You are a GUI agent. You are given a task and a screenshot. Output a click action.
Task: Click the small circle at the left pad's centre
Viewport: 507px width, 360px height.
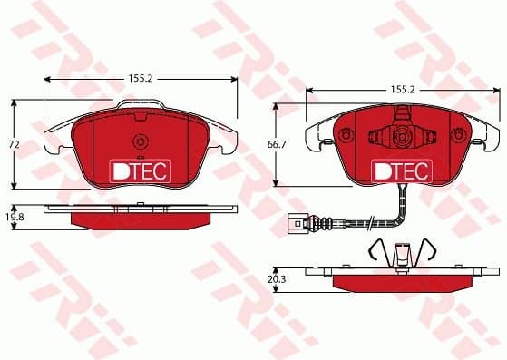coord(140,142)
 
